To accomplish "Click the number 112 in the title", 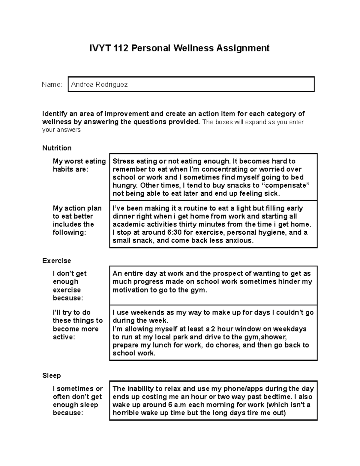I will click(x=121, y=48).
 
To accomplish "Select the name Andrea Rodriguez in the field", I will click(x=99, y=85).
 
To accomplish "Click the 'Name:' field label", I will click(x=52, y=85).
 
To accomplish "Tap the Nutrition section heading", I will click(x=57, y=148).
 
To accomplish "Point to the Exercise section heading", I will click(x=56, y=260).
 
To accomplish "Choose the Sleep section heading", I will click(x=52, y=375).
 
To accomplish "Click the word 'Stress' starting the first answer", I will click(x=123, y=161).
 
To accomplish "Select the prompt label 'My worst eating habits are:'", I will click(x=79, y=165).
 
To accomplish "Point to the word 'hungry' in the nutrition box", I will click(x=125, y=185).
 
